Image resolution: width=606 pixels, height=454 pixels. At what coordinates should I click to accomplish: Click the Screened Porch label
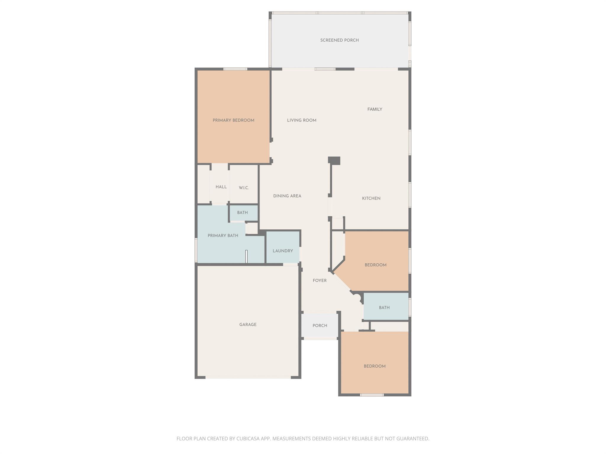click(339, 40)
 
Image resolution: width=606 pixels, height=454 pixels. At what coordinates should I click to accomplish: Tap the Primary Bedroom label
click(233, 120)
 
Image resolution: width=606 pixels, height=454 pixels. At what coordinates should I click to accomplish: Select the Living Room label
click(302, 120)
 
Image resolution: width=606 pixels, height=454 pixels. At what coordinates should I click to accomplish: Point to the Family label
click(375, 109)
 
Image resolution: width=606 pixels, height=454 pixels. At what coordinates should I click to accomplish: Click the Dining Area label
click(287, 196)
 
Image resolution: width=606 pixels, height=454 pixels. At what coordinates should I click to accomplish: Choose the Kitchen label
click(371, 198)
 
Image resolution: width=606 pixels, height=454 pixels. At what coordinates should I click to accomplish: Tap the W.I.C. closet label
click(244, 188)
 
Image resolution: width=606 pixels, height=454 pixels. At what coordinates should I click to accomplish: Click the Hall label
click(221, 187)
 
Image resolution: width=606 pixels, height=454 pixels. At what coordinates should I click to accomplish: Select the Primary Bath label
click(223, 236)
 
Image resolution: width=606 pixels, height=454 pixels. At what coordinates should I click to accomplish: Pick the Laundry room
click(283, 251)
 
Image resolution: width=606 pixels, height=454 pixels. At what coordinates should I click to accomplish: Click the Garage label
click(248, 325)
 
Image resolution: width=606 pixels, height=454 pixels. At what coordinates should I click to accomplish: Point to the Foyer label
click(320, 280)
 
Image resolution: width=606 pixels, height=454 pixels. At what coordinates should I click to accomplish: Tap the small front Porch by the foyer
click(320, 326)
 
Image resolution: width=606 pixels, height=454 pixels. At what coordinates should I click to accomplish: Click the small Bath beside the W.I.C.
click(242, 213)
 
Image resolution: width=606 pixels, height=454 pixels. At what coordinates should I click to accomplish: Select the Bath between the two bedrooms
click(384, 308)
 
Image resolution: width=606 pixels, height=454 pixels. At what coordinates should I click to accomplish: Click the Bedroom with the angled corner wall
click(375, 265)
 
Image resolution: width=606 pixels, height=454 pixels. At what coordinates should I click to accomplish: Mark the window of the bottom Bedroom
click(372, 395)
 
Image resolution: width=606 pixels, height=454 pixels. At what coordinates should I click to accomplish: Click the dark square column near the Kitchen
click(334, 160)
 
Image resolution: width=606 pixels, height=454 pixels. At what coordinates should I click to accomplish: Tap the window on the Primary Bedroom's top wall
click(235, 69)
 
